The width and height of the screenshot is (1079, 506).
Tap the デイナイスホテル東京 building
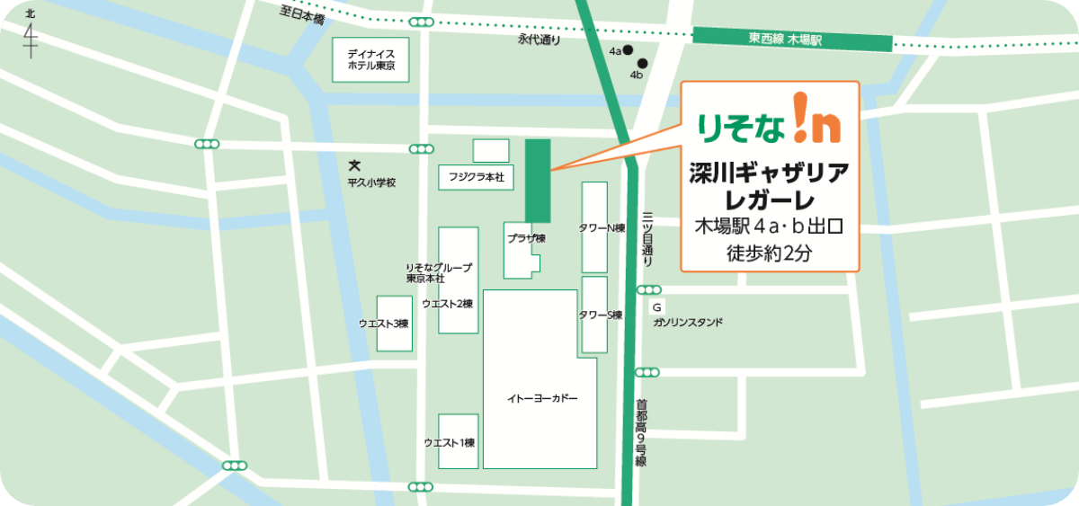point(370,60)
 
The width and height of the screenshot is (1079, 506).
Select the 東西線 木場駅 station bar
point(792,40)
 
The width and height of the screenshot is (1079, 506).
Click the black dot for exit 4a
point(629,50)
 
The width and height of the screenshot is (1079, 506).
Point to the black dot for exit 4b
point(643,63)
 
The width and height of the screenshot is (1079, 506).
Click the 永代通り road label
point(539,40)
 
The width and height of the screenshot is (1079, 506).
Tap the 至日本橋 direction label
point(301,13)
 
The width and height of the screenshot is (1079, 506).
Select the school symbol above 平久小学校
point(354,166)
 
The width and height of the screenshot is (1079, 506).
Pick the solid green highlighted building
point(538,180)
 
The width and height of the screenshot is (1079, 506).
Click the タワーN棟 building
point(594,227)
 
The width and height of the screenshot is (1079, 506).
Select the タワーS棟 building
point(594,315)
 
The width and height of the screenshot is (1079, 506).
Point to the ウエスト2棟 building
point(458,280)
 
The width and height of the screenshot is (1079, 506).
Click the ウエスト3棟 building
point(395,323)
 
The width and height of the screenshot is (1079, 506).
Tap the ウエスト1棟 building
point(458,441)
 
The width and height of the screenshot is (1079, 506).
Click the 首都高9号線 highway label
point(642,432)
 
